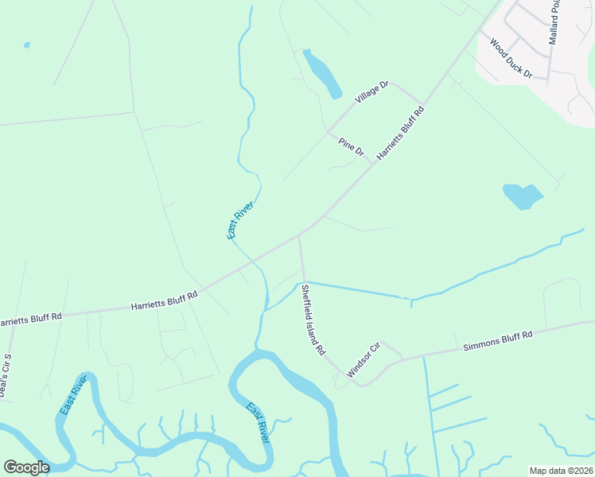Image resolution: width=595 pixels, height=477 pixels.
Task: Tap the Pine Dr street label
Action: click(351, 146)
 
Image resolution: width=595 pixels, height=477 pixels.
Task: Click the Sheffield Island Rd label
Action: click(313, 320)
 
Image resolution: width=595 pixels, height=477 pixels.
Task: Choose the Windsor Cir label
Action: click(364, 359)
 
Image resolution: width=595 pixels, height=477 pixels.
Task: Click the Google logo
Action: click(26, 467)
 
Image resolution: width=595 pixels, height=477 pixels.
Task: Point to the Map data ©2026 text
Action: click(561, 470)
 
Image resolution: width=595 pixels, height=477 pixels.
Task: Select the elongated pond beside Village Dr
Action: click(321, 72)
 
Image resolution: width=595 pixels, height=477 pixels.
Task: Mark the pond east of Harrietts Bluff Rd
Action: click(522, 196)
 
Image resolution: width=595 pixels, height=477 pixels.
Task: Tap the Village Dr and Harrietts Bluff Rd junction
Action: click(422, 105)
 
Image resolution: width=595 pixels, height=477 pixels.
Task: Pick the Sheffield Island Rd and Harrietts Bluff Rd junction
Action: click(299, 236)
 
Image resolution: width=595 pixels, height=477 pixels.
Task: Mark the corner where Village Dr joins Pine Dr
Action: click(328, 131)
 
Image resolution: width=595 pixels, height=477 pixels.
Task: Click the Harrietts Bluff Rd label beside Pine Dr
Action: click(401, 133)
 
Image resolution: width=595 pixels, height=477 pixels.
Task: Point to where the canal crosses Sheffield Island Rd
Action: click(303, 282)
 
